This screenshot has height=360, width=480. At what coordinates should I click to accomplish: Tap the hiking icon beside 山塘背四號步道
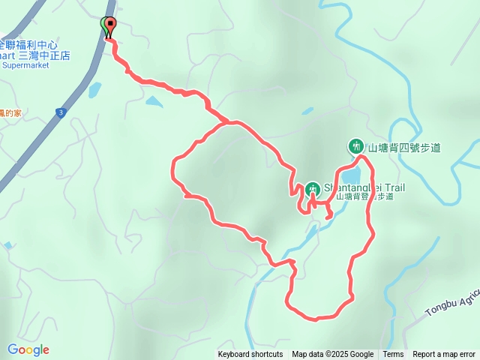[355, 146]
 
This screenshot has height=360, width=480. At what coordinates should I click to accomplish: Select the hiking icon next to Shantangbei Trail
[312, 187]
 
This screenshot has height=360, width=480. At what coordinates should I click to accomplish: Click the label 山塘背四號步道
[403, 147]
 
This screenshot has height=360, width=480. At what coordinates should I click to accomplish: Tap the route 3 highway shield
[59, 112]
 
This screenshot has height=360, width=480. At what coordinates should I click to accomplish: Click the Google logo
[28, 349]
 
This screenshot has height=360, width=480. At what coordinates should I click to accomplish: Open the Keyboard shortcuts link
[250, 355]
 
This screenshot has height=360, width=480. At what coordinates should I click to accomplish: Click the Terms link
[393, 355]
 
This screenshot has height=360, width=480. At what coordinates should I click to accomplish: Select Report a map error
[444, 355]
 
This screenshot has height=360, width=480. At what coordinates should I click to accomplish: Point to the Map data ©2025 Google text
[333, 355]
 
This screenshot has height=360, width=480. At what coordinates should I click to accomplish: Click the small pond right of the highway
[94, 91]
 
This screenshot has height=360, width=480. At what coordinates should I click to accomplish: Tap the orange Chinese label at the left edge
[10, 113]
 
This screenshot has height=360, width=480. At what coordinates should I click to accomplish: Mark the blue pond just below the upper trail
[154, 100]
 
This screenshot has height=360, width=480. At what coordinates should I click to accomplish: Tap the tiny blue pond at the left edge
[7, 245]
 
